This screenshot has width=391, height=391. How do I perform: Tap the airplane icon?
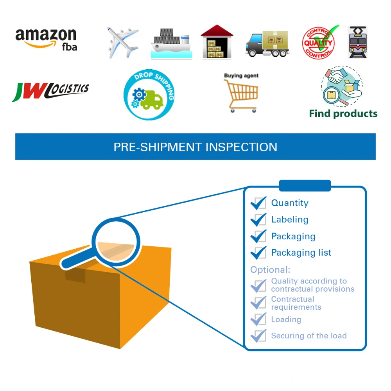tap(122, 42)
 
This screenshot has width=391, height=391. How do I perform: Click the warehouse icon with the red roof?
tap(217, 42)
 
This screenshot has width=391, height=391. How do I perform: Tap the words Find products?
tap(343, 114)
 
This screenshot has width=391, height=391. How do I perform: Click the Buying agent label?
tap(241, 75)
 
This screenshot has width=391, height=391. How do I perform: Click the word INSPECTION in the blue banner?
tap(241, 147)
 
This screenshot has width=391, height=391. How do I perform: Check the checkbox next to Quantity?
tap(258, 203)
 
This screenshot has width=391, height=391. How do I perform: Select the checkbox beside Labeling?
tap(258, 220)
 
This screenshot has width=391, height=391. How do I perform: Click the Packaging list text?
tap(301, 253)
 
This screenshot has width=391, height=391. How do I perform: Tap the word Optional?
tap(270, 270)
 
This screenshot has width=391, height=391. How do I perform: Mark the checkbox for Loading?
tap(258, 319)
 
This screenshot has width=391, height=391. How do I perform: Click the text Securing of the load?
tap(308, 335)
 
